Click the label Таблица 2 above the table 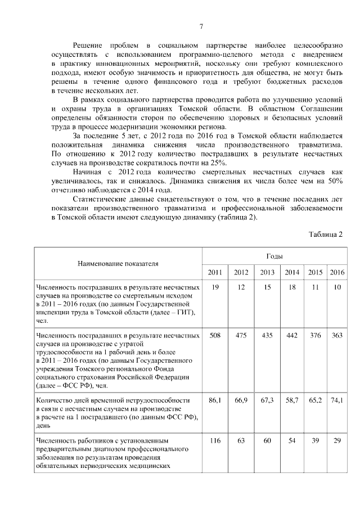click(326, 235)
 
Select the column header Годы click(274, 256)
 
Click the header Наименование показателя click(118, 263)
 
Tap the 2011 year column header click(215, 272)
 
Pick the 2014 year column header click(291, 272)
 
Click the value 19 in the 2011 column click(215, 287)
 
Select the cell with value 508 click(215, 335)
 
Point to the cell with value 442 click(291, 335)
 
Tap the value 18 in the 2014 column click(291, 287)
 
